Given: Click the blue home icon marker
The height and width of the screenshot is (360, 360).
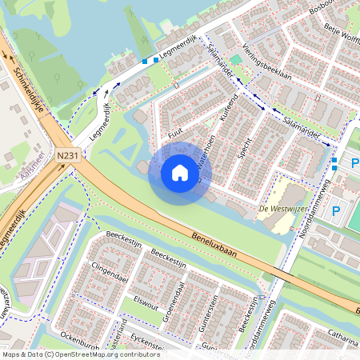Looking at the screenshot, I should click(x=180, y=172).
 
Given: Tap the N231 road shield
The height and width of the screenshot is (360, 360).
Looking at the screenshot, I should click(x=68, y=158).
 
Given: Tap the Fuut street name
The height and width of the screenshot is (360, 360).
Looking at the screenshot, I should click(x=177, y=138).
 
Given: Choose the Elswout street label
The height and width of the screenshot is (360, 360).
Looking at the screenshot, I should click(x=146, y=303).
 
